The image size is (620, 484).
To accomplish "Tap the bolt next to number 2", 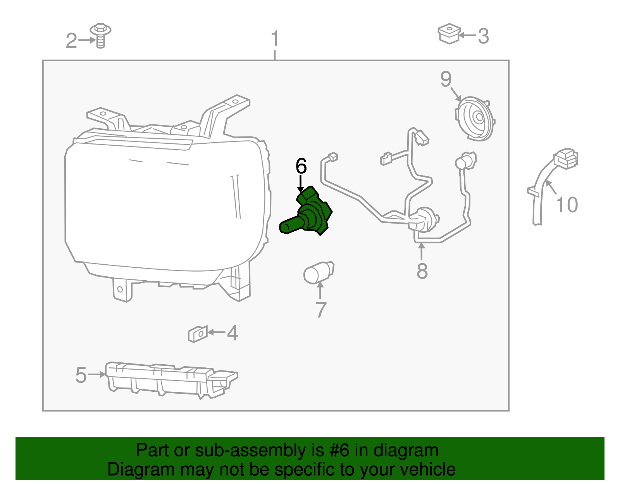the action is (x=100, y=36).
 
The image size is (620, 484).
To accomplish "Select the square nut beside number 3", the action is (x=449, y=34).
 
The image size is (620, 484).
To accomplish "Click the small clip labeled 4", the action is (x=198, y=334).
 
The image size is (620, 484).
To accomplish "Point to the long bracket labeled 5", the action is (x=171, y=380).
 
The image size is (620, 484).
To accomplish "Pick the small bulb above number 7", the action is (x=319, y=272).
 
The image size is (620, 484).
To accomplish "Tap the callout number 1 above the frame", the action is (x=275, y=38).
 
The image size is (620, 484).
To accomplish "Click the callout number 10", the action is (x=567, y=205).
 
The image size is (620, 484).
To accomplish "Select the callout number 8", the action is (x=422, y=271).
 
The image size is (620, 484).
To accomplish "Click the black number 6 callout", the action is (x=301, y=166).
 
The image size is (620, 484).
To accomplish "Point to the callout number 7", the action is (x=321, y=310).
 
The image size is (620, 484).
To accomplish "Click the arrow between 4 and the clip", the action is (x=217, y=332).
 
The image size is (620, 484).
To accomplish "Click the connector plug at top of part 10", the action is (x=565, y=158).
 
